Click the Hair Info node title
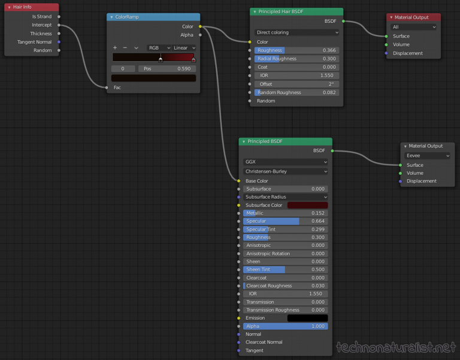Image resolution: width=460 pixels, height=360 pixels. point(22,7)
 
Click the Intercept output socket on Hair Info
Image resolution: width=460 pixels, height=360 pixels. point(59,25)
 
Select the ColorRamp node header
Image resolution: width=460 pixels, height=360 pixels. point(153,17)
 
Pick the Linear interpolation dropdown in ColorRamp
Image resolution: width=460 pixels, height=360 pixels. point(184,48)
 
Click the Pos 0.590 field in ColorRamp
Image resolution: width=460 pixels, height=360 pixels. point(167,69)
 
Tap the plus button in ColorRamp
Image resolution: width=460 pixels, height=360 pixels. point(115,47)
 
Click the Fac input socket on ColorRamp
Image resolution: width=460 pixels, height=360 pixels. point(107,87)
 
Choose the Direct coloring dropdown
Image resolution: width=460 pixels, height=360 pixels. point(296,32)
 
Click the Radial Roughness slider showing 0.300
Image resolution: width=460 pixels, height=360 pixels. point(296,59)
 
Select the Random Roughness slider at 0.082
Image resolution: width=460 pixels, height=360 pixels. point(296,92)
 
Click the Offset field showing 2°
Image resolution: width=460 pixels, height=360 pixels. point(296,84)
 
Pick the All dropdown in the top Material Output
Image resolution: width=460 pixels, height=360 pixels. point(413,27)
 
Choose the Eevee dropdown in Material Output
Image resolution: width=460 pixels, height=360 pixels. point(427,156)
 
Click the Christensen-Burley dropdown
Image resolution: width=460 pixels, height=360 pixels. point(286,171)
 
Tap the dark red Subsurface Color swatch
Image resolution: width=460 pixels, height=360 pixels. point(307,205)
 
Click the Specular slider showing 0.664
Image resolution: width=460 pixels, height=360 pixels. point(286,221)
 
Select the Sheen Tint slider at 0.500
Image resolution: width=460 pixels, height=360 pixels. point(286,270)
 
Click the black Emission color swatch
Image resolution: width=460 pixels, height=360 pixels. point(307,318)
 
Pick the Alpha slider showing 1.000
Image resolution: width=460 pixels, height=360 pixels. point(286,326)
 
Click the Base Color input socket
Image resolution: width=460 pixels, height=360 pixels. point(239,181)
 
